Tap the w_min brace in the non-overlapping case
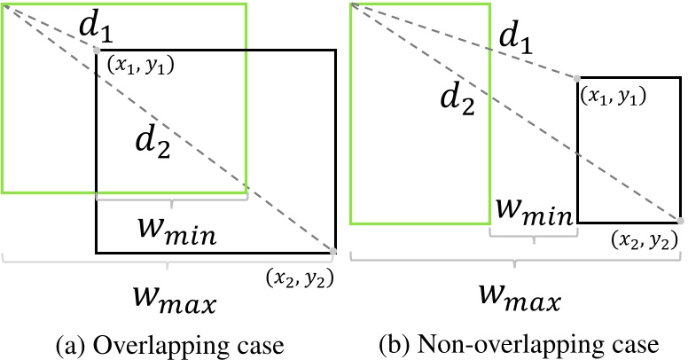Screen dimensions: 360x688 click(x=533, y=236)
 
